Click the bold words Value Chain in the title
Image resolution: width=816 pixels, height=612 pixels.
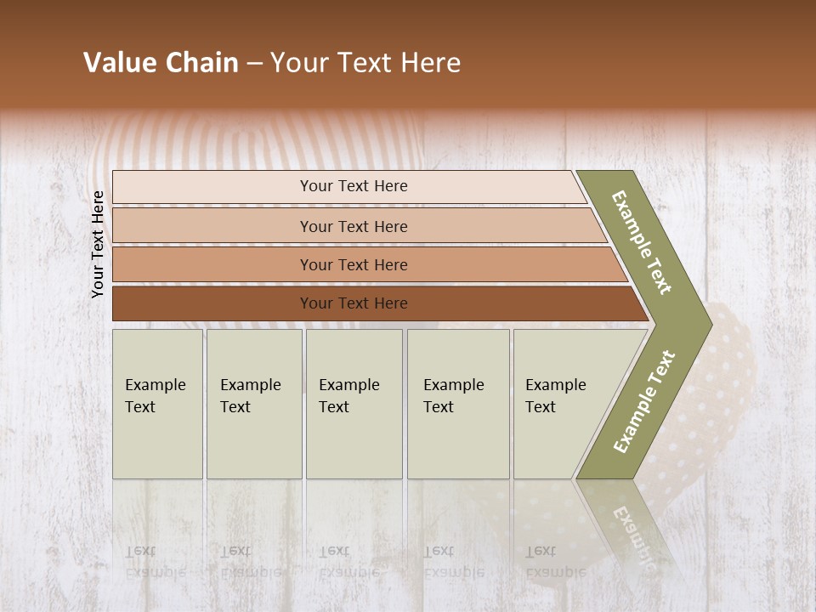point(161,63)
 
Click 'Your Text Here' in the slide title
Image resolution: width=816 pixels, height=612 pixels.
point(365,63)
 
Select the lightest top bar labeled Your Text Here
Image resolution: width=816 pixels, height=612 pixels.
point(354,186)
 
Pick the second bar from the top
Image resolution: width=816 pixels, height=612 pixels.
point(354,226)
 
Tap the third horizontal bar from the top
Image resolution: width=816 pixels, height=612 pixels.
point(354,264)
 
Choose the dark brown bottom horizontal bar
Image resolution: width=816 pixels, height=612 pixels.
point(354,303)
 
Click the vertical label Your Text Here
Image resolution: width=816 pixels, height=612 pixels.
point(98,244)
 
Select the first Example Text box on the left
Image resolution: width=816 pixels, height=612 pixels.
point(157,404)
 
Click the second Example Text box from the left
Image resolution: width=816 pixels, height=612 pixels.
point(253,404)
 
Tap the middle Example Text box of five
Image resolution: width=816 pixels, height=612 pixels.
point(353,404)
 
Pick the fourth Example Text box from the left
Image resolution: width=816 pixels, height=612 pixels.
point(457,404)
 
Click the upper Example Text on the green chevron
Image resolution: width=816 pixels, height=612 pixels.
point(642,242)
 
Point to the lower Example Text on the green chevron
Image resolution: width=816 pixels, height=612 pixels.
point(644,401)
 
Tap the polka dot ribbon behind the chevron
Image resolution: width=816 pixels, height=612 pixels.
point(736,374)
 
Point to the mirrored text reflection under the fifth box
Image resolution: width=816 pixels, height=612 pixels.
point(555,561)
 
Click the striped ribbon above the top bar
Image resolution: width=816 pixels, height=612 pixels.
point(255,140)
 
